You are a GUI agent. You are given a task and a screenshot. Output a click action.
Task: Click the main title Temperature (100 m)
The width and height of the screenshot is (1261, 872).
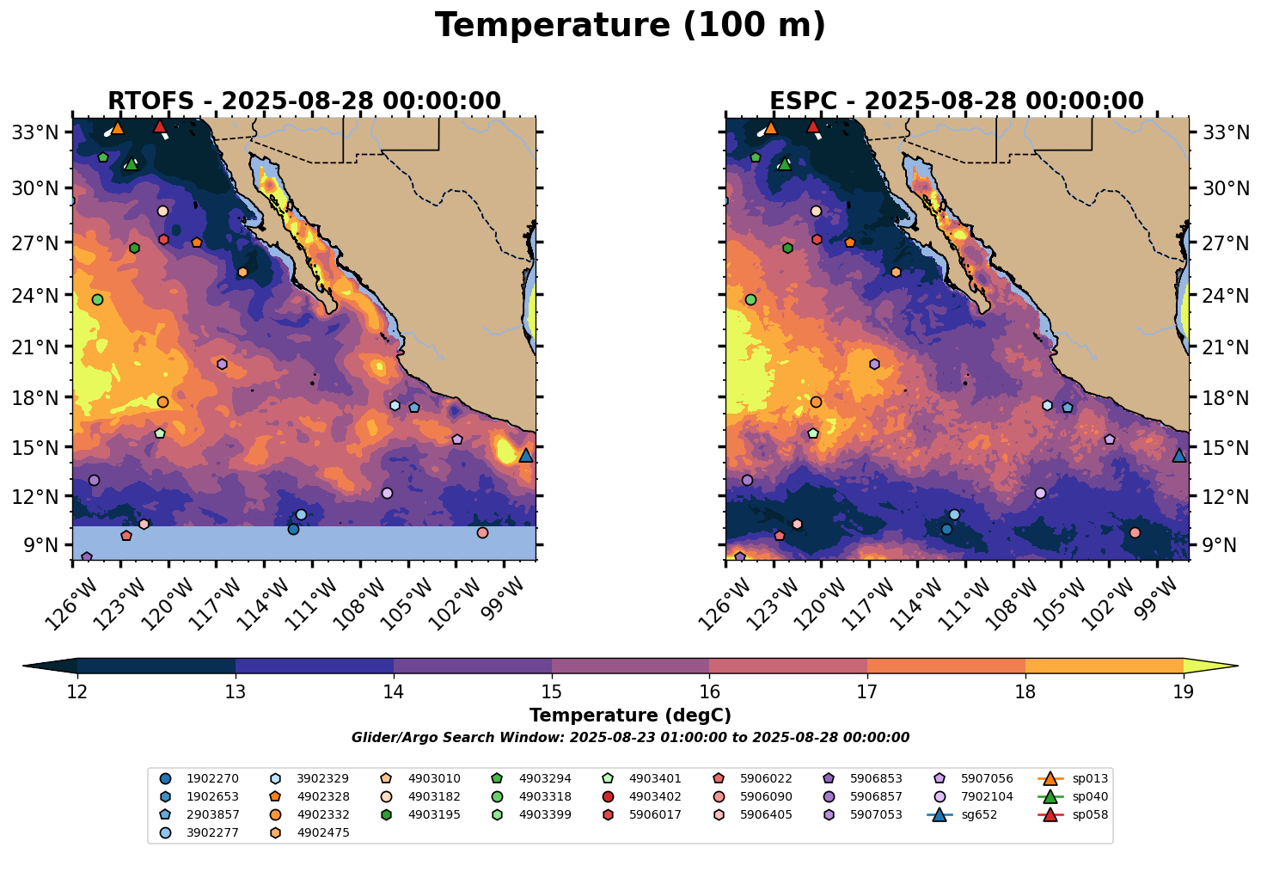point(630,26)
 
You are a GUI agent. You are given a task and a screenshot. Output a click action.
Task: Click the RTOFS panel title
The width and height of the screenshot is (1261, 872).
point(303,101)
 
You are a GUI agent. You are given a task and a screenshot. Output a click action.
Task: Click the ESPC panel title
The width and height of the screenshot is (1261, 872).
point(957,101)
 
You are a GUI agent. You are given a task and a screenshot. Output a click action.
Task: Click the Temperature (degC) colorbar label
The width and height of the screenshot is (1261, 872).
point(630,715)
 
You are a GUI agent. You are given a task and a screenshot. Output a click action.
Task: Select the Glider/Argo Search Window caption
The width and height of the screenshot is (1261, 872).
point(630,738)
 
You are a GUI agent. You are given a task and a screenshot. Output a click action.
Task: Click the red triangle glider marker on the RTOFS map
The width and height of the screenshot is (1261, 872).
point(159,127)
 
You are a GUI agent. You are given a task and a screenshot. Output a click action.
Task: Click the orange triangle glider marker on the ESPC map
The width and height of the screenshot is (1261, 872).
point(770,128)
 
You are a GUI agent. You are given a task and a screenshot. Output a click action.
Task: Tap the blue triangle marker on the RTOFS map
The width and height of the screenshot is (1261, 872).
point(526,455)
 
